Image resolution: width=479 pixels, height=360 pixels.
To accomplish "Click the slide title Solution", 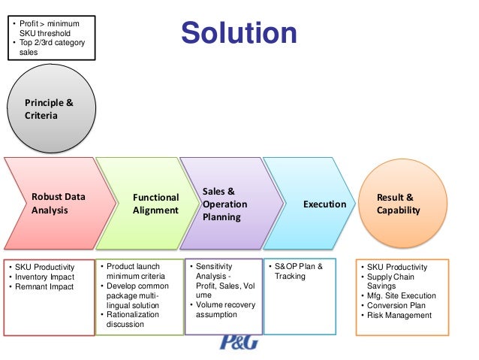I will click(239, 33).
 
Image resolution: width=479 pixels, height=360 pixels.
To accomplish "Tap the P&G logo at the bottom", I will click(238, 343).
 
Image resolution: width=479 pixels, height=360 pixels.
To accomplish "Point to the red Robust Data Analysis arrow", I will click(58, 204).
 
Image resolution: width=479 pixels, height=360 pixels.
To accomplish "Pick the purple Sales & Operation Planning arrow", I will click(224, 204).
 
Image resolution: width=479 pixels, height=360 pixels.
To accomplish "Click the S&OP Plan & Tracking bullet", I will click(297, 271).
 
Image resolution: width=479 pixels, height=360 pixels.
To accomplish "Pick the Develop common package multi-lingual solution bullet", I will click(136, 295).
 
